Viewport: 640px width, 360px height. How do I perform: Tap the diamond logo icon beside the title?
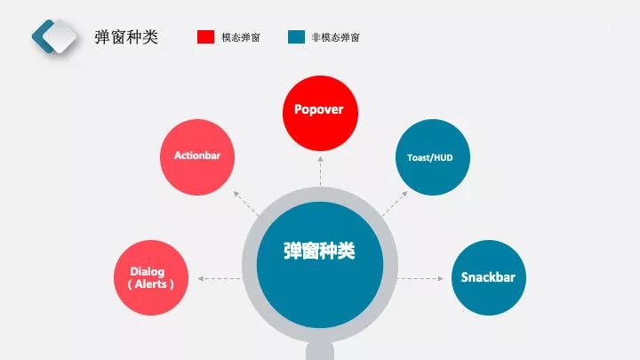point(56,36)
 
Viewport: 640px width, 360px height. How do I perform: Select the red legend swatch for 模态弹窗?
point(205,36)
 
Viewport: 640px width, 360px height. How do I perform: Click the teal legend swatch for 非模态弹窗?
point(297,36)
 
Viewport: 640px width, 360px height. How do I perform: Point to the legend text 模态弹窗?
point(241,37)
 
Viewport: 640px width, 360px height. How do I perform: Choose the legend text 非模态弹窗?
point(336,37)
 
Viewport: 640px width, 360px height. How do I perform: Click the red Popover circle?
point(319,111)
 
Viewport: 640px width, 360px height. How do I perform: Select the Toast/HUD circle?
point(431,157)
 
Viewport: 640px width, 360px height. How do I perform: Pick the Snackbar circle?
point(488,276)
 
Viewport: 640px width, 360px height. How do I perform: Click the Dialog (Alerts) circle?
point(152,276)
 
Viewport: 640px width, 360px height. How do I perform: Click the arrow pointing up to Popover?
point(319,172)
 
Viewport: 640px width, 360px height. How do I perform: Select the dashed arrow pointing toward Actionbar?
point(244,204)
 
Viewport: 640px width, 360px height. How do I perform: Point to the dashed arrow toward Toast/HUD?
point(395,204)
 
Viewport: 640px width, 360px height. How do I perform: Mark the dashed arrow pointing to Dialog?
point(219,279)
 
